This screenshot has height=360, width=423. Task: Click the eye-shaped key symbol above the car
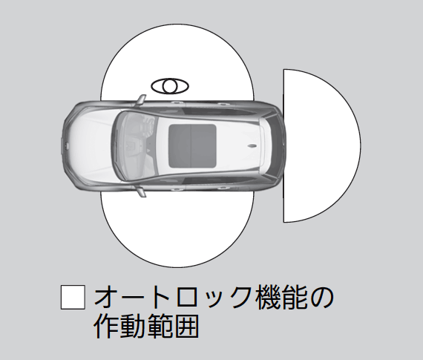pyautogui.click(x=170, y=86)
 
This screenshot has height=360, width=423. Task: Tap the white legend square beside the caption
pyautogui.click(x=73, y=297)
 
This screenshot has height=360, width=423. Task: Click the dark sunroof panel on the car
pyautogui.click(x=192, y=145)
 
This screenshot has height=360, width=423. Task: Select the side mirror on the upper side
pyautogui.click(x=141, y=100)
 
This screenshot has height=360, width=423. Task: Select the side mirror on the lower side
pyautogui.click(x=141, y=191)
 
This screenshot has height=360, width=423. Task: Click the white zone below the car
pyautogui.click(x=177, y=229)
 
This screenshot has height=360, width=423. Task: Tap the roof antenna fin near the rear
pyautogui.click(x=254, y=146)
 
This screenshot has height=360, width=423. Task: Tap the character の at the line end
pyautogui.click(x=321, y=298)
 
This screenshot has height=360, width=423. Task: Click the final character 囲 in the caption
pyautogui.click(x=186, y=326)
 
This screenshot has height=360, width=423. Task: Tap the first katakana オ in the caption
pyautogui.click(x=106, y=298)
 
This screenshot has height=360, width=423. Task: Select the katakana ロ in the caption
pyautogui.click(x=186, y=298)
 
